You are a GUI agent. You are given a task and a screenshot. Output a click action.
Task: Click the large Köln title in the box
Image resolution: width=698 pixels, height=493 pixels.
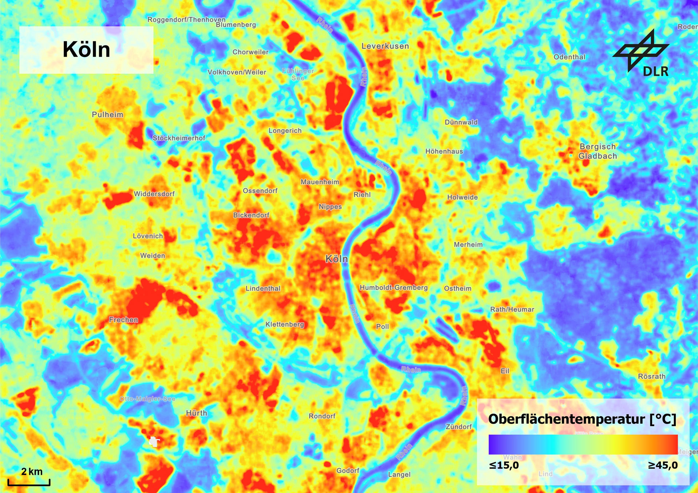pos(86,49)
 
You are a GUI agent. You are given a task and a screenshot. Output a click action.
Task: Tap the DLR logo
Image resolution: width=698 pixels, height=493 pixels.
pos(643,54)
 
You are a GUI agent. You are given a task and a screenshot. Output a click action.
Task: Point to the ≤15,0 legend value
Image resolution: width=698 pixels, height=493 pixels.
pos(504,465)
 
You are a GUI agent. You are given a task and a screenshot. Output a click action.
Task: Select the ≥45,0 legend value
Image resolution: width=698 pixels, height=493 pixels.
pos(663,465)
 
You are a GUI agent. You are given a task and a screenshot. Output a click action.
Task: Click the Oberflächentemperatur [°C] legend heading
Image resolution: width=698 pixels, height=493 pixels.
pos(582,419)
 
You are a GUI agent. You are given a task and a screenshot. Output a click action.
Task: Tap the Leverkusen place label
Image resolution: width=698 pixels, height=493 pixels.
pos(385,46)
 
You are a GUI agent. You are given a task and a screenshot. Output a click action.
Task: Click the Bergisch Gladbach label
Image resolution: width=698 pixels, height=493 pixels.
pos(598,151)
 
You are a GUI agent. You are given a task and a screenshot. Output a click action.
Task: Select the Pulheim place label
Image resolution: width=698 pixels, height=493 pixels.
pos(107,114)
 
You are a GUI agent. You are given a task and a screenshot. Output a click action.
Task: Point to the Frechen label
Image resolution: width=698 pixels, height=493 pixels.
pos(124,320)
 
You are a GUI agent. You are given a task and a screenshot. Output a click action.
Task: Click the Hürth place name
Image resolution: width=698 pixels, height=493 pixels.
pos(196,413)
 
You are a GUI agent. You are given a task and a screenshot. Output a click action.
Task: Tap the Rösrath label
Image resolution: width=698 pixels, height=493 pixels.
pos(651,376)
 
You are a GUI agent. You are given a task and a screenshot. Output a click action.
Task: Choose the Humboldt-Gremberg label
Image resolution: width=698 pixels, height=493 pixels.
pos(394,287)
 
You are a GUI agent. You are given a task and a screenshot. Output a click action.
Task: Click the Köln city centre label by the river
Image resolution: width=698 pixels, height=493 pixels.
pos(336,259)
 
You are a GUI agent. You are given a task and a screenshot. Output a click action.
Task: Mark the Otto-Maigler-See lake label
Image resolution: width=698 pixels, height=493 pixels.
pos(148,399)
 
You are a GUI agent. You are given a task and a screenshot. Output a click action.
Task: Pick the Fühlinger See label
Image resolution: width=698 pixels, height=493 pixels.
pos(298,74)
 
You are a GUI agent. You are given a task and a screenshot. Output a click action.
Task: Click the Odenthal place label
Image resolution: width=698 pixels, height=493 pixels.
pos(569,57)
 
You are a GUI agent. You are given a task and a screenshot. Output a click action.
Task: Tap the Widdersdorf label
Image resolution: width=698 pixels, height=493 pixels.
pos(154,194)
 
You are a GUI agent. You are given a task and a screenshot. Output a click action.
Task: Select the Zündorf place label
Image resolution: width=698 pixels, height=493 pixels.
pos(458,427)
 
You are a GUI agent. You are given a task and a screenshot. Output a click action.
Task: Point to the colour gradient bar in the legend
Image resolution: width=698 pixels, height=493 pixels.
pos(583,444)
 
